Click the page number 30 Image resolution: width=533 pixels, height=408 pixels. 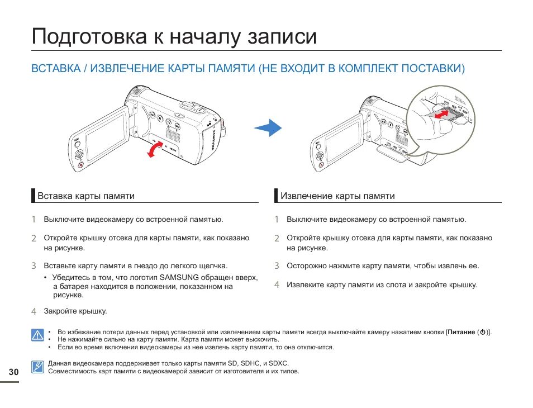tap(13, 372)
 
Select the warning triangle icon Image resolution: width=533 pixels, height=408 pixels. tap(37, 335)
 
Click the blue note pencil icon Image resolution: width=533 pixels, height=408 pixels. tap(37, 367)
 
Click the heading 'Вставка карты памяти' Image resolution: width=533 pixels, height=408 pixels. tap(85, 196)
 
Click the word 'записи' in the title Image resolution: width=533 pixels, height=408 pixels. tap(282, 37)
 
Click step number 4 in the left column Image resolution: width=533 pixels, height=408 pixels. tap(34, 311)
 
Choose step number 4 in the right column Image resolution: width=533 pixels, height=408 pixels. tap(277, 285)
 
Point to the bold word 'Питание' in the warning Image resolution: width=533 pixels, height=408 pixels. tap(461, 332)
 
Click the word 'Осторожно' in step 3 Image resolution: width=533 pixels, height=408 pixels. tap(306, 267)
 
